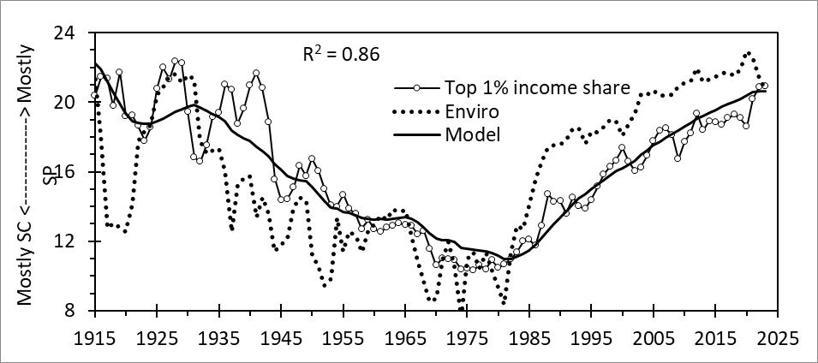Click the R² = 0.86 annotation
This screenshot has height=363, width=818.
341,54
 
